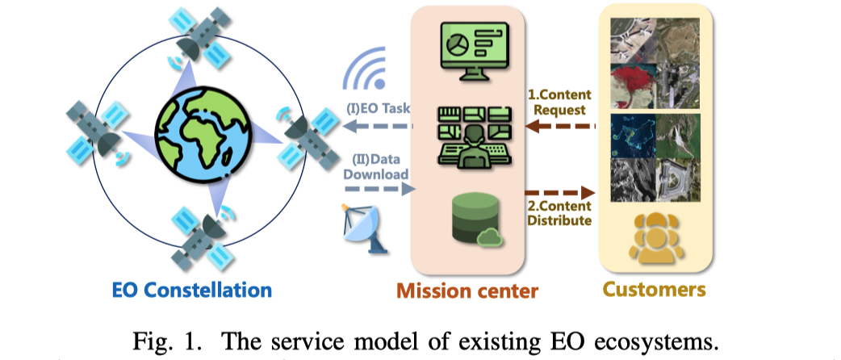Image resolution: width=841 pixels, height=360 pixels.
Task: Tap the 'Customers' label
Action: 655,289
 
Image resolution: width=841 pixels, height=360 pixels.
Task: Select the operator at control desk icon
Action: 473,137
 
